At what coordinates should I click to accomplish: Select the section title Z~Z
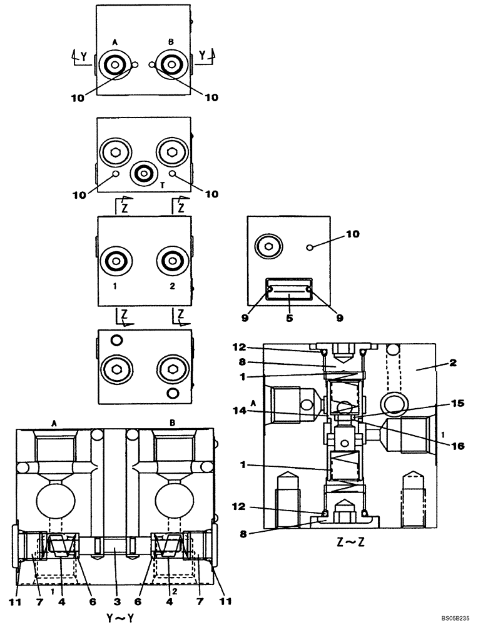[348, 541]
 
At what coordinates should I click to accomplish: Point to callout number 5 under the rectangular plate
[288, 317]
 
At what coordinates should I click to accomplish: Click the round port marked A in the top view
[115, 64]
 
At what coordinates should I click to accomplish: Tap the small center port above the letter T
[144, 172]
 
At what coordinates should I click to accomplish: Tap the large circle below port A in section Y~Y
[55, 501]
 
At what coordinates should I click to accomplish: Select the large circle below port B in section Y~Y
[171, 501]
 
